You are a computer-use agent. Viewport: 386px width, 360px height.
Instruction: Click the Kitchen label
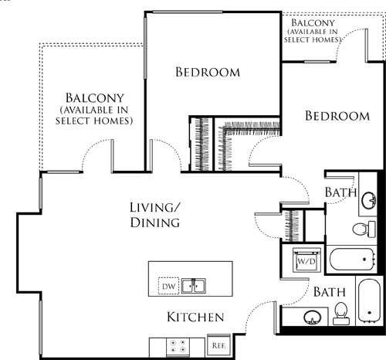(x=195, y=318)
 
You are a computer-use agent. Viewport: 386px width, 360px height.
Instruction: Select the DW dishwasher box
(x=168, y=287)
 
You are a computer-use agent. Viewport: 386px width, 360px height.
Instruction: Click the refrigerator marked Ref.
(x=217, y=345)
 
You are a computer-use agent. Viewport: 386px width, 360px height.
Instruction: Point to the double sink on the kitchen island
(x=193, y=287)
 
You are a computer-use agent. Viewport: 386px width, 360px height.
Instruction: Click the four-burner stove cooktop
(x=175, y=346)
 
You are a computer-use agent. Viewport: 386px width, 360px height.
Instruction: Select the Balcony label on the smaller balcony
(x=313, y=22)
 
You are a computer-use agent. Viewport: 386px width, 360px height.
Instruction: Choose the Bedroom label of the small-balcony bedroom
(x=337, y=116)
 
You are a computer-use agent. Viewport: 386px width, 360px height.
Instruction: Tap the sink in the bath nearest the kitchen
(x=313, y=318)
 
